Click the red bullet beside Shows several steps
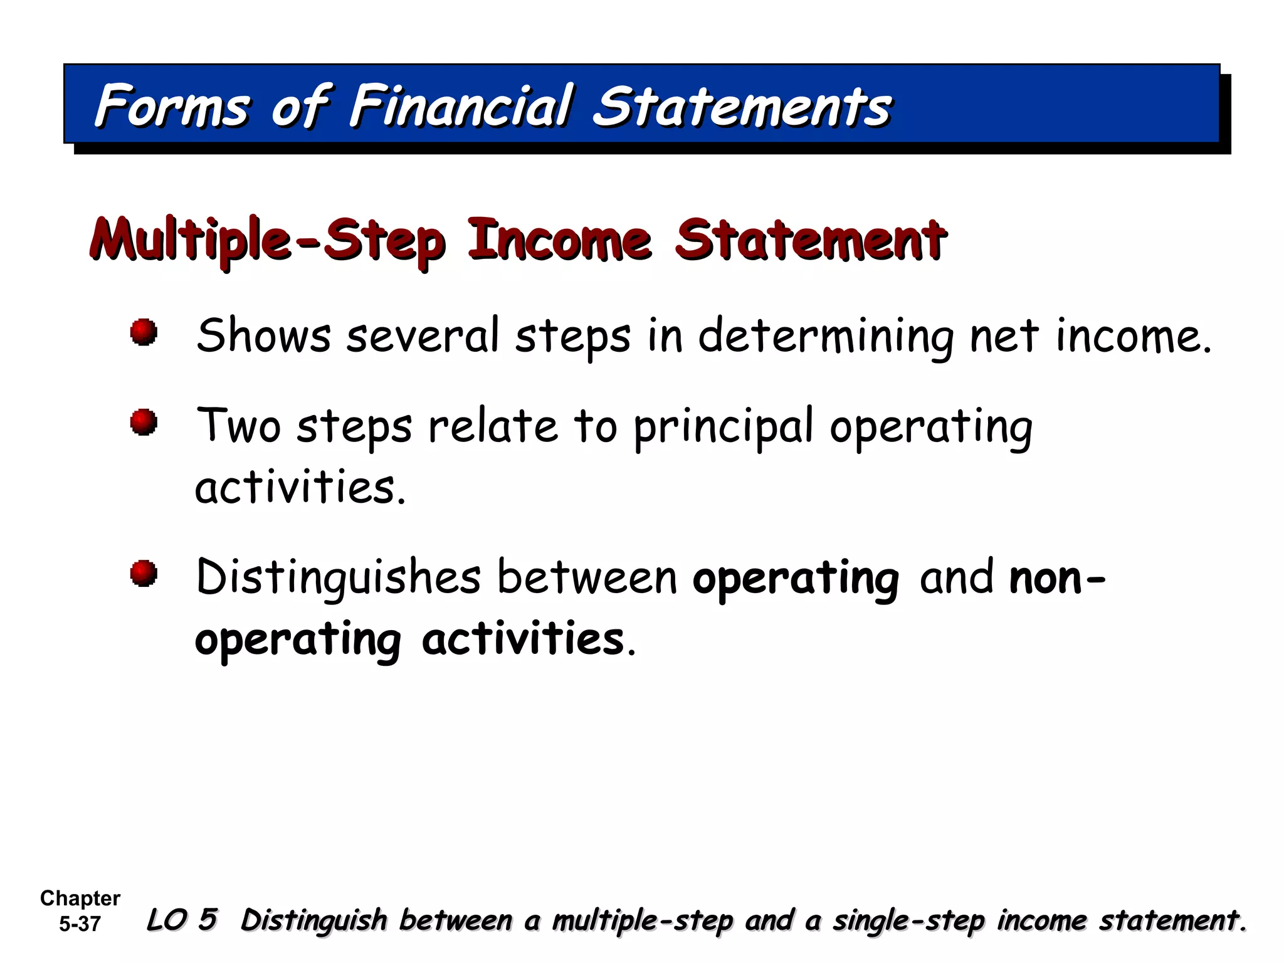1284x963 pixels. pyautogui.click(x=144, y=332)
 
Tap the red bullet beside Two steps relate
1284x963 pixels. pyautogui.click(x=144, y=422)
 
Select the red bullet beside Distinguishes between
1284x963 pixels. pyautogui.click(x=144, y=573)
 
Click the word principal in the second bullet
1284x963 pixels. pyautogui.click(x=724, y=427)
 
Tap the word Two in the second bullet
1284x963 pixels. pyautogui.click(x=238, y=426)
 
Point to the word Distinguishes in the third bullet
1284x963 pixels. pyautogui.click(x=339, y=577)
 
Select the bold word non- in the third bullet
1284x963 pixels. pyautogui.click(x=1057, y=577)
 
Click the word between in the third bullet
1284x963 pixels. pyautogui.click(x=587, y=577)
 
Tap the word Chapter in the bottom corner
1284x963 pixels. pyautogui.click(x=80, y=898)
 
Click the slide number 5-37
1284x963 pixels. pyautogui.click(x=80, y=924)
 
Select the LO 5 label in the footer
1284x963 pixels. pyautogui.click(x=182, y=920)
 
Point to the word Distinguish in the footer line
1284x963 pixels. pyautogui.click(x=314, y=920)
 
